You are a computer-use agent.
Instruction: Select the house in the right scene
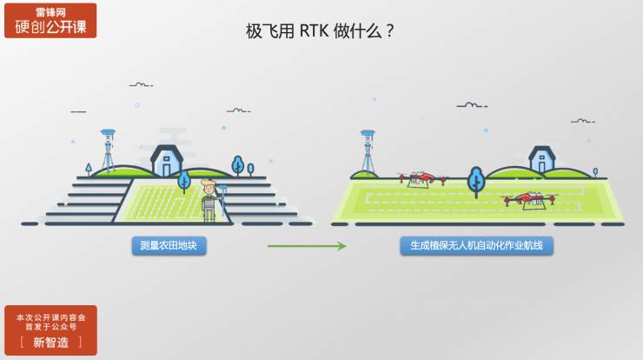542,158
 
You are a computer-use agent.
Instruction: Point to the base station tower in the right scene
368,154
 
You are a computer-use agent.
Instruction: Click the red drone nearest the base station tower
419,178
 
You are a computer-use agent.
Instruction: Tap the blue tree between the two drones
475,181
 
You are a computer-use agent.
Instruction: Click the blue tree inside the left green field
184,182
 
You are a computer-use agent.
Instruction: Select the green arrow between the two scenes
307,246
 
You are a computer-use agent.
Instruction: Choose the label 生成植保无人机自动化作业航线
476,246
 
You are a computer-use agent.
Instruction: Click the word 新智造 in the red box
50,342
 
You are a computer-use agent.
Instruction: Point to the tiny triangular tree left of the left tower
88,167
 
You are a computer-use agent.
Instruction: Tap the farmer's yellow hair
208,182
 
